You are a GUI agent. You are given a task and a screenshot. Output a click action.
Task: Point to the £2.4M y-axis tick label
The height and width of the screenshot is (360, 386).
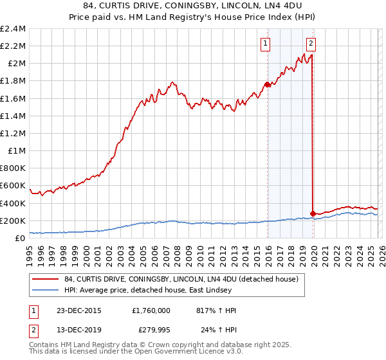(x=13, y=29)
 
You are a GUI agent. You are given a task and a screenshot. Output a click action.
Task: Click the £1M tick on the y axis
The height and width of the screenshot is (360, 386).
(x=17, y=151)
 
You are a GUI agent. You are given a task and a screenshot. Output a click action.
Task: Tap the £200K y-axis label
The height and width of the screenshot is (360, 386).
(x=13, y=221)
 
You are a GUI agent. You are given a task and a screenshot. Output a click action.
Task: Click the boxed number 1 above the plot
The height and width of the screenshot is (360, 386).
(x=265, y=44)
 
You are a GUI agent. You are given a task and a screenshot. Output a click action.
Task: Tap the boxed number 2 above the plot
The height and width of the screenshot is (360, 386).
(x=311, y=44)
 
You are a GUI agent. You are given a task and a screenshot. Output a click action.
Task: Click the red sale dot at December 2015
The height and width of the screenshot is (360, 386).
(x=268, y=84)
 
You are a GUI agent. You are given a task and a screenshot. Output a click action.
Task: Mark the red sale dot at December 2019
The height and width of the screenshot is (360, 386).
(x=313, y=213)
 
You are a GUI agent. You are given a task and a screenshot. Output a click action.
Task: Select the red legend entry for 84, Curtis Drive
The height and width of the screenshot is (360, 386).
(x=180, y=280)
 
